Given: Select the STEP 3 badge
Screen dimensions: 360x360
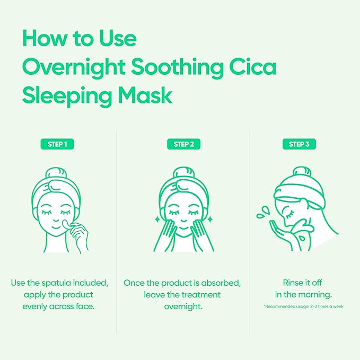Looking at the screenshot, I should click(299, 144).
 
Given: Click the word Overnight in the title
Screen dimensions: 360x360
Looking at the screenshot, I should click(77, 68).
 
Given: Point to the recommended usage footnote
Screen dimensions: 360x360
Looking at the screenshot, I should click(303, 306).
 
